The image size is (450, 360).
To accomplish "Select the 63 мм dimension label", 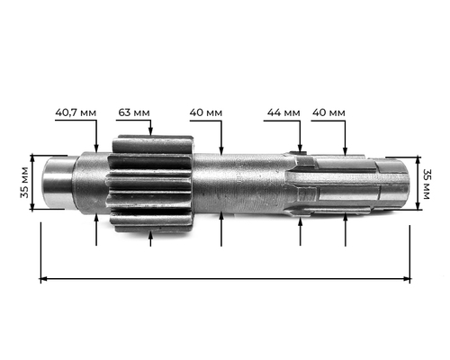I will click(x=134, y=113).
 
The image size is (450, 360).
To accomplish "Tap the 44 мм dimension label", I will click(x=283, y=113).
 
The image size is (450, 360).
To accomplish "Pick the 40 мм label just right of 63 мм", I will click(x=206, y=113).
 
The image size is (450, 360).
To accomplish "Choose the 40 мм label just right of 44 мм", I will click(x=328, y=113).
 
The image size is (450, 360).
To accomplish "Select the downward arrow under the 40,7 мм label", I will click(x=95, y=140).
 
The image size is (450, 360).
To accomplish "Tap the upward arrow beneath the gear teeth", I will click(x=150, y=236).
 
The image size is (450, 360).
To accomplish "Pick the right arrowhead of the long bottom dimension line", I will click(x=407, y=279).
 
